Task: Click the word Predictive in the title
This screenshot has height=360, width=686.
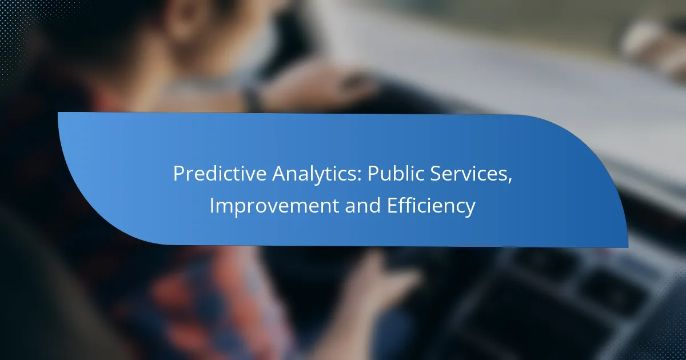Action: [220, 173]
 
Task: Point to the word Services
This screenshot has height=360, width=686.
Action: [469, 173]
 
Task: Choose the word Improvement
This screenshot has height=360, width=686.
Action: [274, 205]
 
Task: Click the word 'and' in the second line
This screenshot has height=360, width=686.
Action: [363, 205]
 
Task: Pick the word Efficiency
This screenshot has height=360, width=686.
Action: [432, 206]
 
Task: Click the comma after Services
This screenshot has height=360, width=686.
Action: [509, 181]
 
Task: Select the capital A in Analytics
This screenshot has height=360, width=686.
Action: [280, 174]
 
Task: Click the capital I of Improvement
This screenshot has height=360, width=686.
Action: [212, 205]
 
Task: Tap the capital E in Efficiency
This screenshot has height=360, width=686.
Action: [392, 205]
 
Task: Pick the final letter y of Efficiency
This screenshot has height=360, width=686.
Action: [470, 209]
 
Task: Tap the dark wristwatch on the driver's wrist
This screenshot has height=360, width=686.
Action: [253, 98]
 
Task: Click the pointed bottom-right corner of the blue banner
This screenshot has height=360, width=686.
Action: [628, 247]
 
